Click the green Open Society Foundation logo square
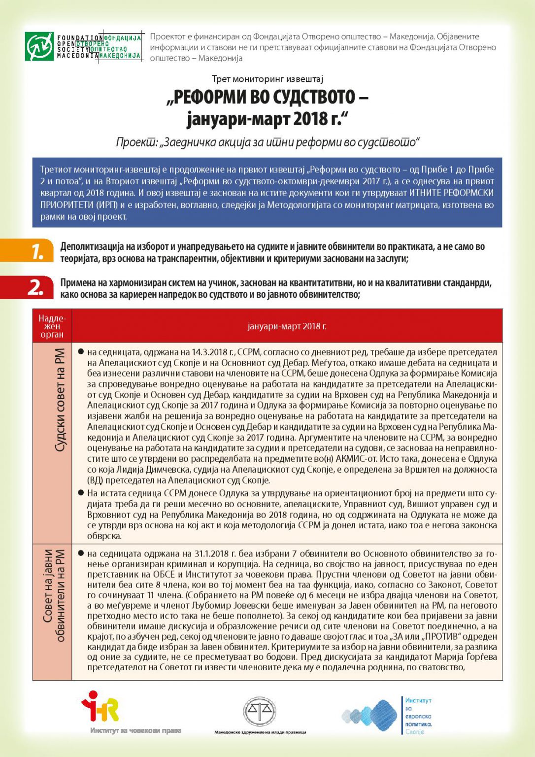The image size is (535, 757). tap(39, 46)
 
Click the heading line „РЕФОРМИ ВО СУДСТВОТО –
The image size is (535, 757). tap(267, 97)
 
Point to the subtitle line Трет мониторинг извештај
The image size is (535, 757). tap(267, 79)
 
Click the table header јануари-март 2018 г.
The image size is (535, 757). tap(287, 326)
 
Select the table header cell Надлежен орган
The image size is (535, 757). tap(52, 326)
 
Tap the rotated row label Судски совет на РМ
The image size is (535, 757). tap(60, 400)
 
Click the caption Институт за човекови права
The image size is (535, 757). tap(135, 730)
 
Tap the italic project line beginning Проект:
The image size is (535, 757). tap(267, 142)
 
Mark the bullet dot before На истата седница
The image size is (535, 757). tap(81, 493)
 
